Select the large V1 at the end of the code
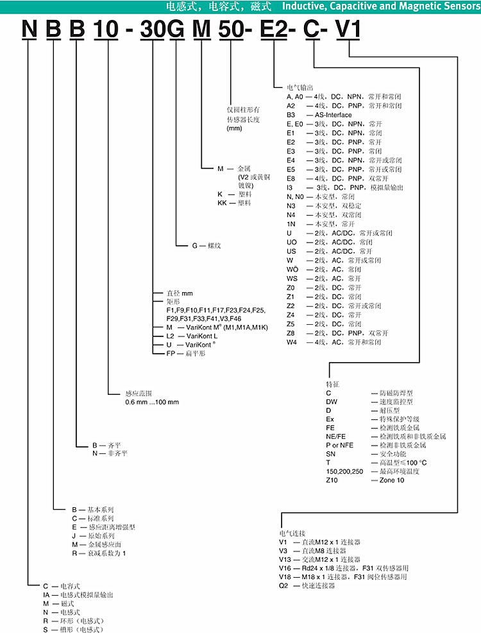coord(349,30)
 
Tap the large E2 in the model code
coord(274,30)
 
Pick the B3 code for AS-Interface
coord(291,114)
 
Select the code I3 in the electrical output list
coord(290,187)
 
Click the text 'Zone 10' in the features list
coord(391,480)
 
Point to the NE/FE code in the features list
coord(335,436)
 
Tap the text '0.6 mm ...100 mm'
coord(152,401)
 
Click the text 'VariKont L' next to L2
coord(201,336)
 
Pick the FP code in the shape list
coord(171,353)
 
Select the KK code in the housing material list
coord(223,202)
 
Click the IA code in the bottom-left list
coord(47,594)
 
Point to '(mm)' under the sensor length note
coord(234,128)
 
